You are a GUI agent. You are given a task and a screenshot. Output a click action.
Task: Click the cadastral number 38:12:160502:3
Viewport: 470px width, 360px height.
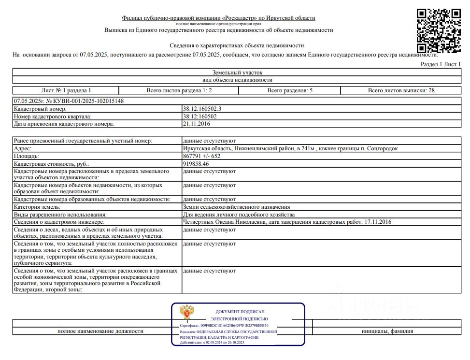click(x=201, y=109)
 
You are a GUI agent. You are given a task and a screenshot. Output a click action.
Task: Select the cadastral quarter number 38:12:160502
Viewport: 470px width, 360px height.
click(x=199, y=116)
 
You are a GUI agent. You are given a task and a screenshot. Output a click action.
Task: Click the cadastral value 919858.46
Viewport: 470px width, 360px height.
click(x=196, y=164)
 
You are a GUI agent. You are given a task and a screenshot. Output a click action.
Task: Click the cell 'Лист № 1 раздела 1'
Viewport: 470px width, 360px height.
click(x=66, y=90)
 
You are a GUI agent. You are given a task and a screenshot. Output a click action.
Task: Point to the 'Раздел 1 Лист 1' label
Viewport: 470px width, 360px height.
click(x=441, y=64)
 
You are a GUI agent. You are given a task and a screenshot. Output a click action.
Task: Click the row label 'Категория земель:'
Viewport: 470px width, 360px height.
click(x=37, y=207)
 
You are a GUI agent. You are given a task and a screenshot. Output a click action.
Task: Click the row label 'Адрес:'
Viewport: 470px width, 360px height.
click(x=23, y=149)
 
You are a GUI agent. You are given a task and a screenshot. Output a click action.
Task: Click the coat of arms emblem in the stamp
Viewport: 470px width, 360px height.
click(x=187, y=313)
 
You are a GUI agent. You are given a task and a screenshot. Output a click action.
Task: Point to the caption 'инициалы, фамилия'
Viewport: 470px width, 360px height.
click(x=386, y=331)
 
